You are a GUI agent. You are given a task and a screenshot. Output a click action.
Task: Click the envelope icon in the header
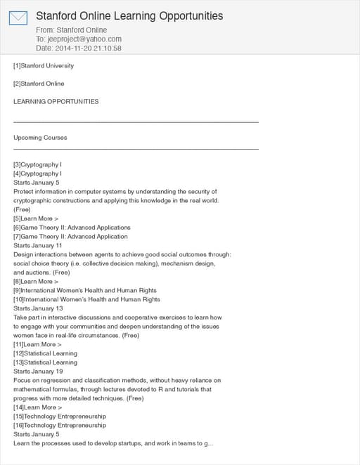[18, 18]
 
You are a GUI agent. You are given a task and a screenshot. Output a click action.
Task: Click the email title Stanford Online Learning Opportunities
[129, 15]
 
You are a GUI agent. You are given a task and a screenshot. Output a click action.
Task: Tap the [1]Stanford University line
[44, 66]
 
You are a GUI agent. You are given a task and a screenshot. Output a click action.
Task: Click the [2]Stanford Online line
[39, 84]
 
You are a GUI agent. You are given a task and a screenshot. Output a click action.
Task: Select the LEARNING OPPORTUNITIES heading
[56, 101]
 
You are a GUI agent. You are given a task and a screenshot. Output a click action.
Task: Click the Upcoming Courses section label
[40, 138]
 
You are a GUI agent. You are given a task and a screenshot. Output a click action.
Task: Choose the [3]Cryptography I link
[38, 164]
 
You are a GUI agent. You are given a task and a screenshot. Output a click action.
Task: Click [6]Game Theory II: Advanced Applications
[72, 228]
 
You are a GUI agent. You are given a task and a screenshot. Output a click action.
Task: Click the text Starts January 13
[38, 308]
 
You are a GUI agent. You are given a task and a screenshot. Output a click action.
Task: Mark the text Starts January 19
[38, 371]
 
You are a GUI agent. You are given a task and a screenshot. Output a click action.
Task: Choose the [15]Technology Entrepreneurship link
[60, 417]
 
